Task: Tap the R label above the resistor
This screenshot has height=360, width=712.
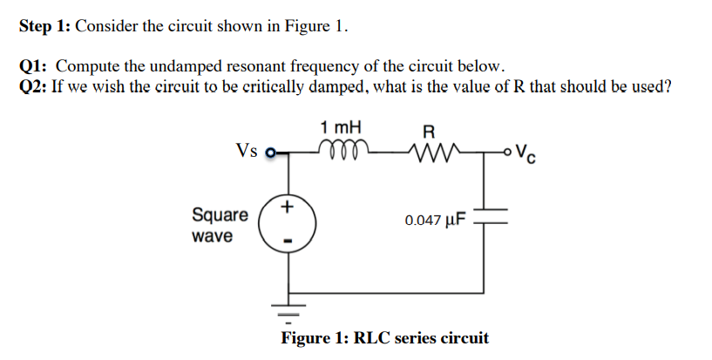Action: click(x=428, y=131)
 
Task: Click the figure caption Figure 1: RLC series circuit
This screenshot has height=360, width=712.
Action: click(x=384, y=338)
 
